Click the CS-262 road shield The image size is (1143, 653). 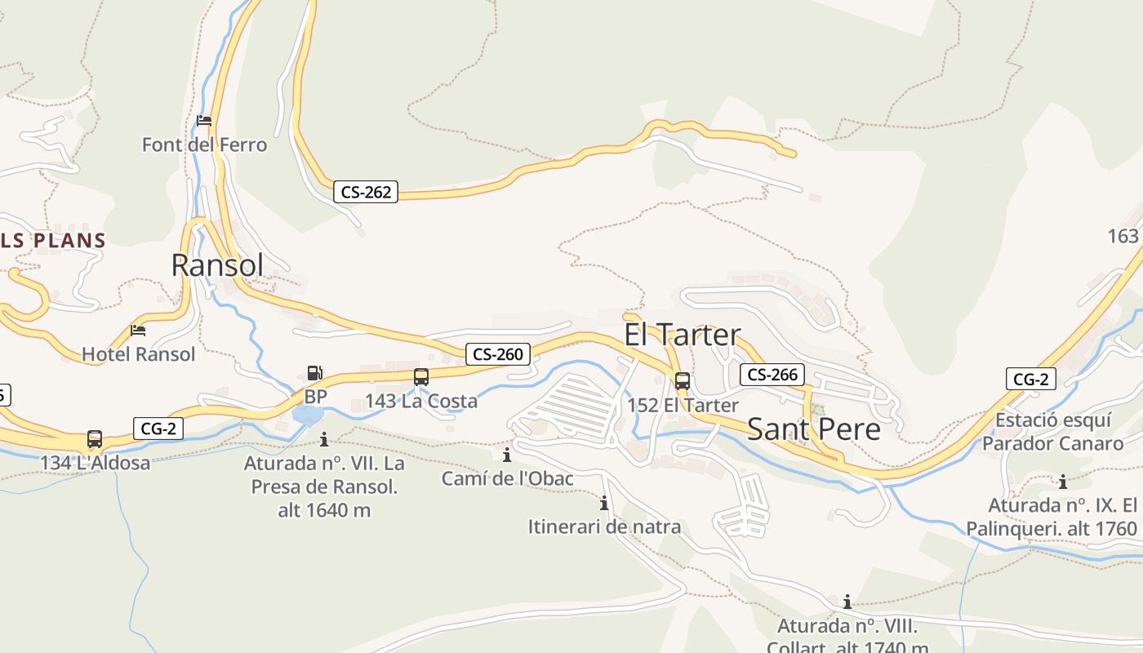366,193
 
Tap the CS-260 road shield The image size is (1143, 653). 498,354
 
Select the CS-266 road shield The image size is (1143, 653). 772,375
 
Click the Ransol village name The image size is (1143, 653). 217,265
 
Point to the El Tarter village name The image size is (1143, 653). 683,335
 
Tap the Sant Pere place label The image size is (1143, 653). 814,429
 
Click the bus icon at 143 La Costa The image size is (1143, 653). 421,377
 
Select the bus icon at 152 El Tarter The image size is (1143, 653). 683,380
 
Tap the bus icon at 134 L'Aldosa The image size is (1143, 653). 95,439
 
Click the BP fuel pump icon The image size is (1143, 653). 315,374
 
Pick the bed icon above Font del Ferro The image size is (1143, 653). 204,121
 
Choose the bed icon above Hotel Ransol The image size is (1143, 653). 138,331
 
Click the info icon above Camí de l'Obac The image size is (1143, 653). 507,455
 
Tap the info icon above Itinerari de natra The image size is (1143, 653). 604,503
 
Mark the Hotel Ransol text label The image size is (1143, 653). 139,354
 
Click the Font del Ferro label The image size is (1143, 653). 204,145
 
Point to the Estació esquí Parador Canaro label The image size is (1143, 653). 1053,432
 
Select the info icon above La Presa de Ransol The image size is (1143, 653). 324,440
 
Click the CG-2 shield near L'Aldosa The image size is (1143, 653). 158,428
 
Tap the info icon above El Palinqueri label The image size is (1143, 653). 1063,482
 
